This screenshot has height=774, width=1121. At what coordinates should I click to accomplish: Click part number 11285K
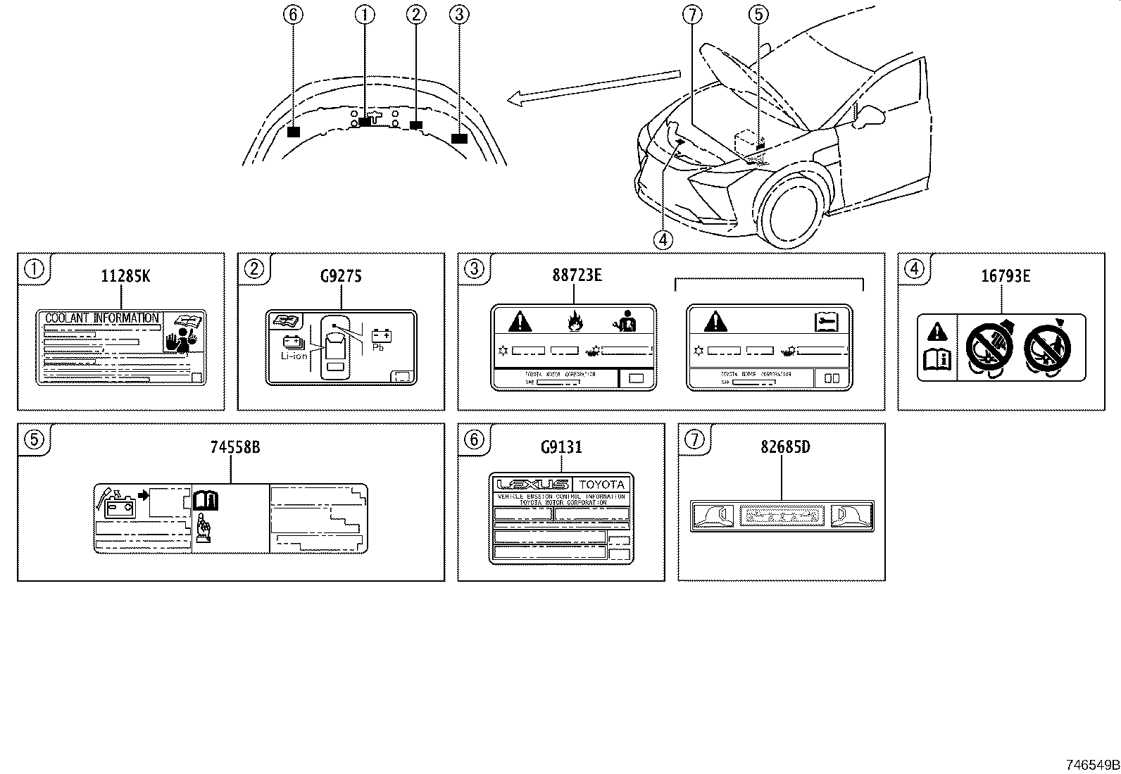pyautogui.click(x=125, y=276)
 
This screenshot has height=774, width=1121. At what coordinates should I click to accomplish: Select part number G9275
pyautogui.click(x=341, y=276)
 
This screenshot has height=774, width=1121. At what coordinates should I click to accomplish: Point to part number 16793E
pyautogui.click(x=1006, y=276)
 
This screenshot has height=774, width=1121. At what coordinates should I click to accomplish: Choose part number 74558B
pyautogui.click(x=235, y=447)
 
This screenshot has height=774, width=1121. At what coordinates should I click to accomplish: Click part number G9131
pyautogui.click(x=561, y=447)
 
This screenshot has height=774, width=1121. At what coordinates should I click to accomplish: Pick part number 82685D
pyautogui.click(x=785, y=447)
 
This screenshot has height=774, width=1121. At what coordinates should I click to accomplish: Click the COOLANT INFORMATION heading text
pyautogui.click(x=102, y=318)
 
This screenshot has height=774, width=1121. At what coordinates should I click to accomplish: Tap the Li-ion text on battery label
pyautogui.click(x=294, y=356)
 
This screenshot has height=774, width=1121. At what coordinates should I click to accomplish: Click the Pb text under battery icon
pyautogui.click(x=377, y=347)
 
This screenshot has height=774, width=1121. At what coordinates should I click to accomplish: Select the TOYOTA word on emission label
pyautogui.click(x=601, y=485)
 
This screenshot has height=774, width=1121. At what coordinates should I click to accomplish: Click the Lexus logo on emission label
pyautogui.click(x=532, y=485)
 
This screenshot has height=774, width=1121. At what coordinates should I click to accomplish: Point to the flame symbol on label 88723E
pyautogui.click(x=574, y=323)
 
